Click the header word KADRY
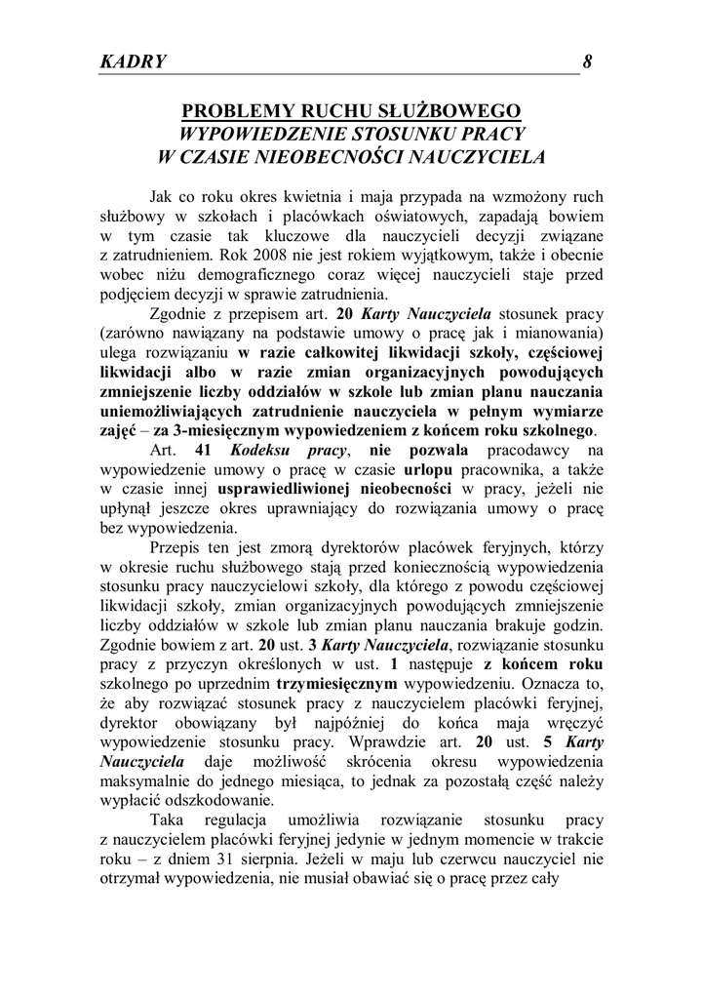133,61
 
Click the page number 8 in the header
588,61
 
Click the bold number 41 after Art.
203,449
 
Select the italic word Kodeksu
264,449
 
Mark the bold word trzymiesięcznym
331,684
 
